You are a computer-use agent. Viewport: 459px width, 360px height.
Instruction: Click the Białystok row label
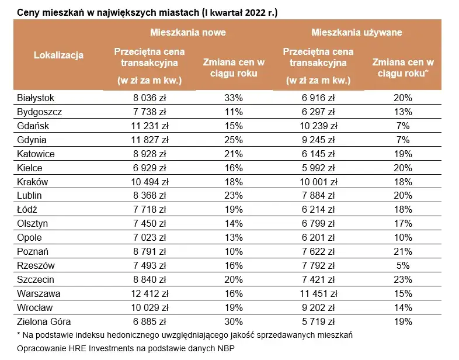pyautogui.click(x=36, y=98)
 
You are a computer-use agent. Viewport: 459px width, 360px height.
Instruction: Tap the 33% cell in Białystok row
pyautogui.click(x=234, y=98)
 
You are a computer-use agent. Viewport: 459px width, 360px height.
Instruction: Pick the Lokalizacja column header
pyautogui.click(x=58, y=56)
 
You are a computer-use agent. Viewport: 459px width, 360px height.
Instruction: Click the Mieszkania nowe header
pyautogui.click(x=187, y=33)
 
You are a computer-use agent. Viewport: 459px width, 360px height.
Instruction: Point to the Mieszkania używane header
pyautogui.click(x=356, y=33)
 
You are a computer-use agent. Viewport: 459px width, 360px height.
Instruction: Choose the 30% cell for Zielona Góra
pyautogui.click(x=234, y=321)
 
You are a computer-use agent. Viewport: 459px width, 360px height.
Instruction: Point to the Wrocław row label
pyautogui.click(x=35, y=307)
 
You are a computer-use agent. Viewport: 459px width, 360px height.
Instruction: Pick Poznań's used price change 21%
pyautogui.click(x=403, y=251)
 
